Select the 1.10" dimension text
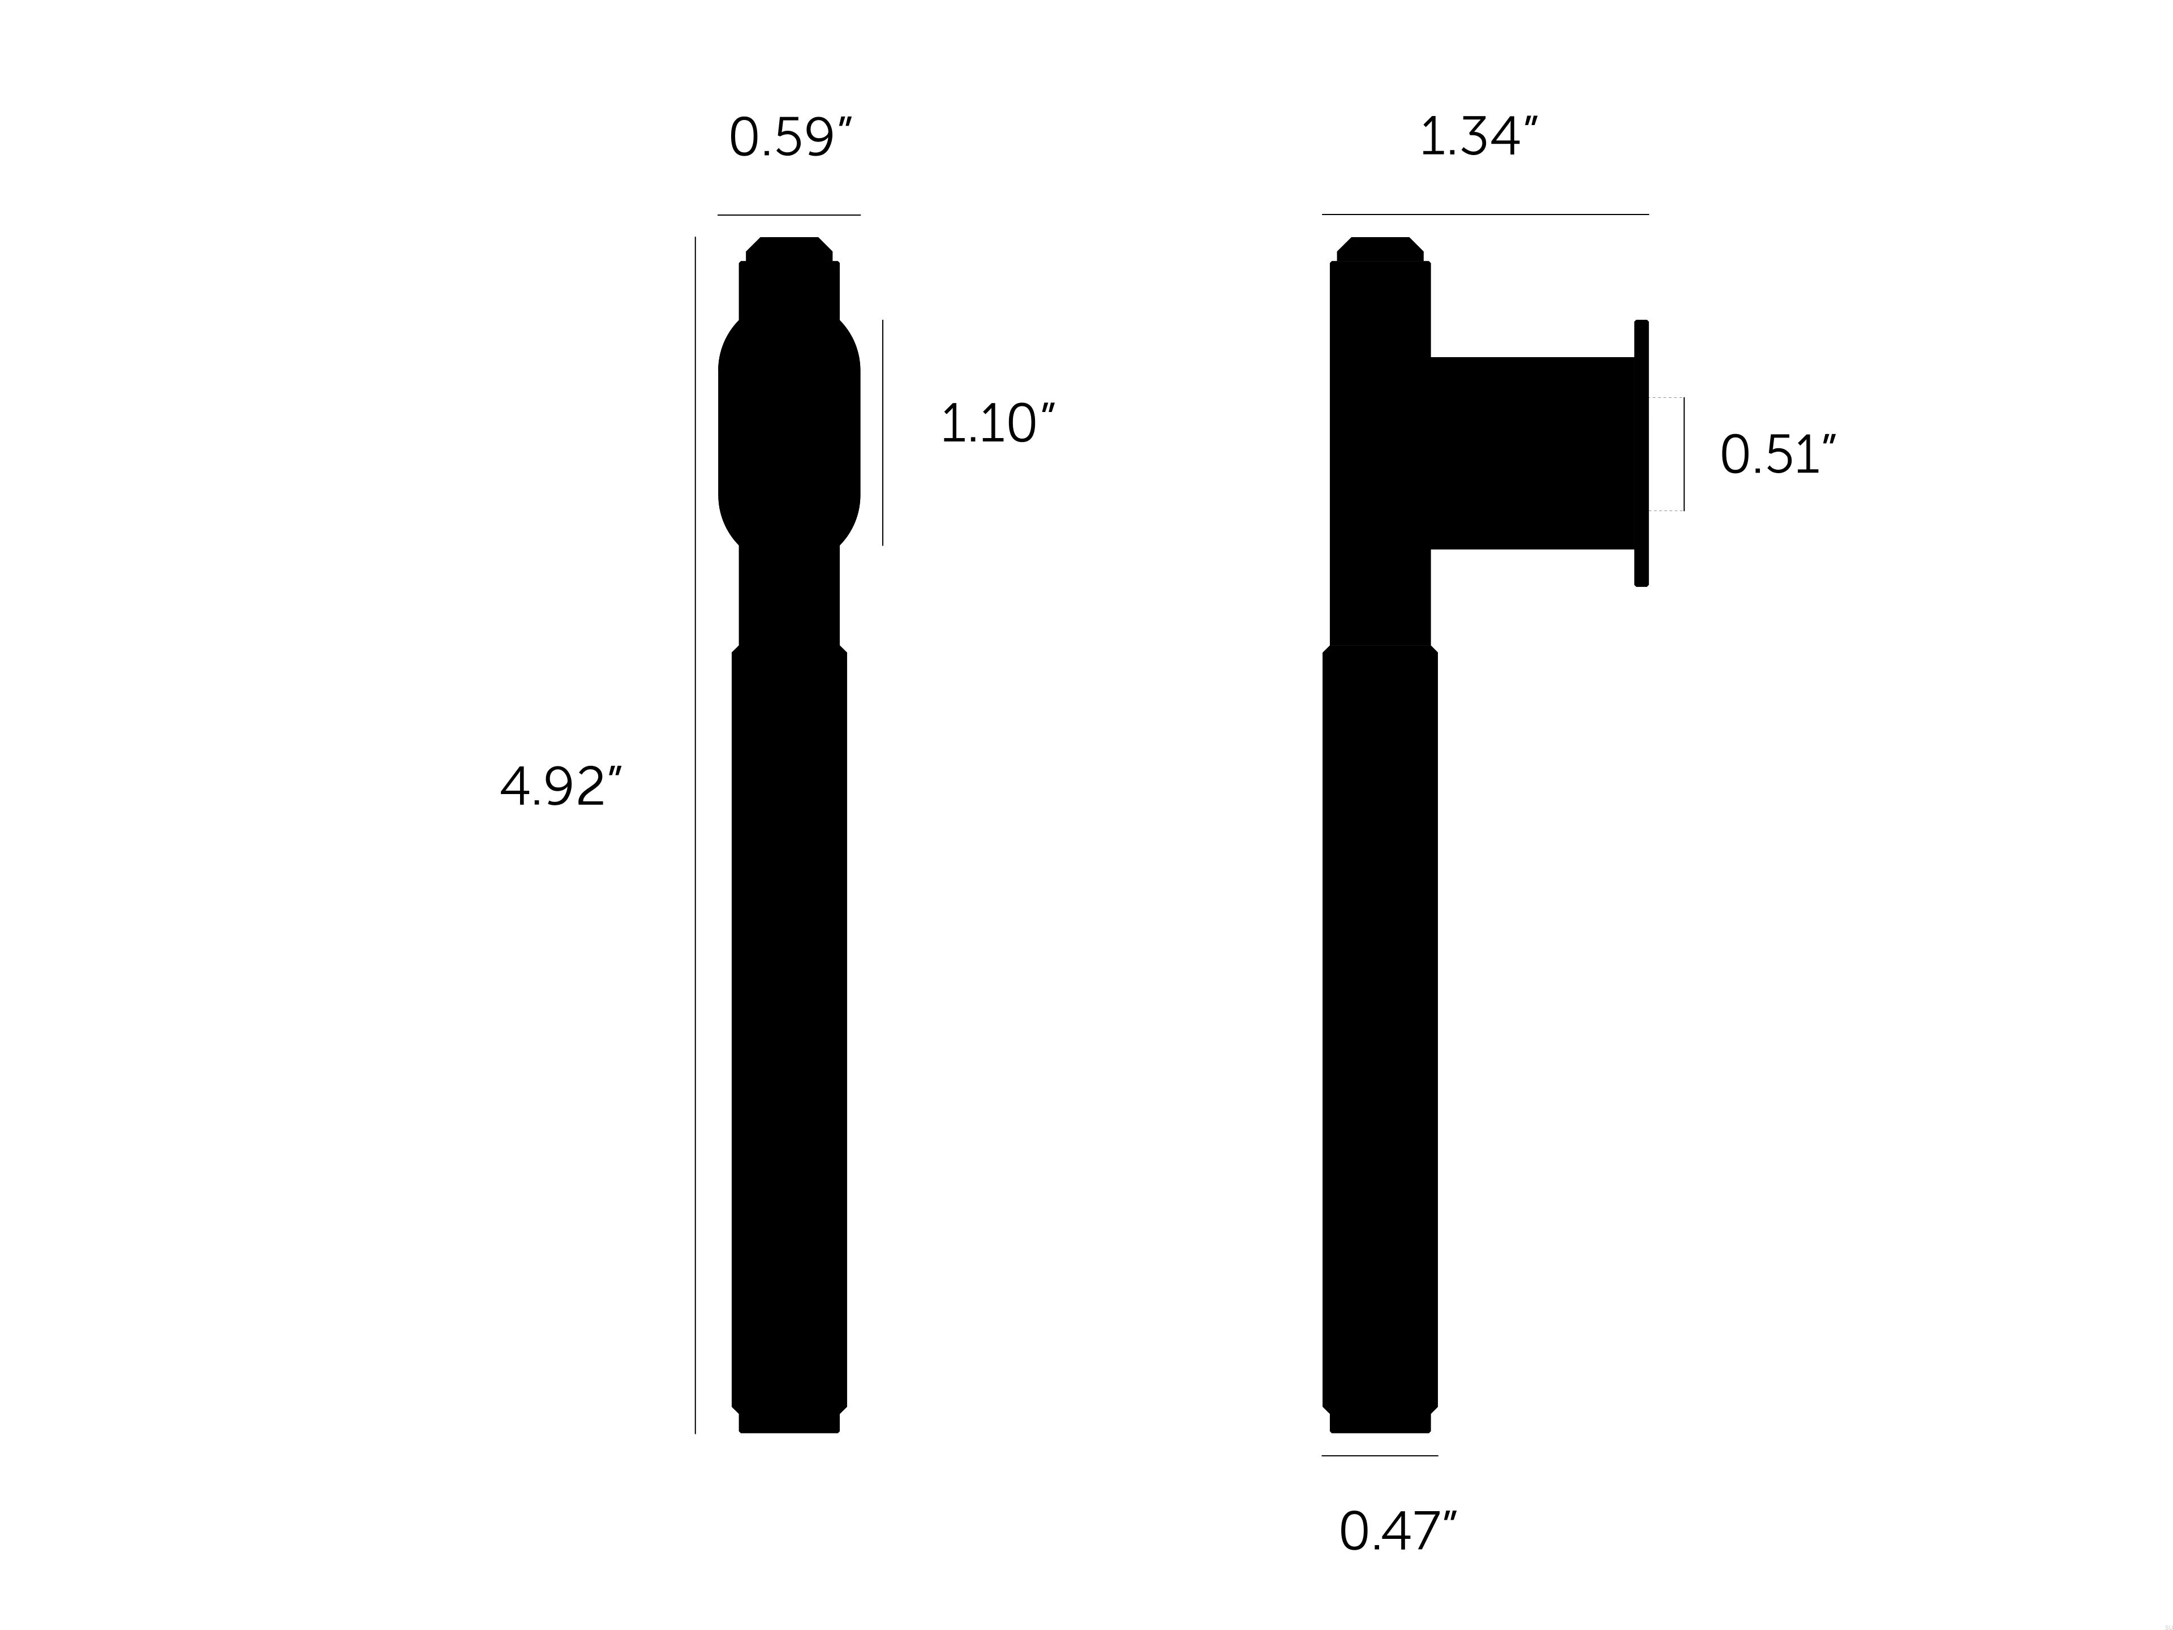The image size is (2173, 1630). (996, 424)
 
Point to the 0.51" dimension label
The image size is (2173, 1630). (1776, 455)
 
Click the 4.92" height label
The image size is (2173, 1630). (560, 787)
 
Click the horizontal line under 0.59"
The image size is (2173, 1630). (789, 214)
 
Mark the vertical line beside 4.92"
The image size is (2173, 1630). (695, 835)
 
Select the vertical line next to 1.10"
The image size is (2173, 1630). (882, 432)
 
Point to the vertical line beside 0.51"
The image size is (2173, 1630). (1684, 454)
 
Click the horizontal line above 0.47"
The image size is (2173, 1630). (1379, 1455)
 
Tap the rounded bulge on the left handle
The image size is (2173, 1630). (789, 432)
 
